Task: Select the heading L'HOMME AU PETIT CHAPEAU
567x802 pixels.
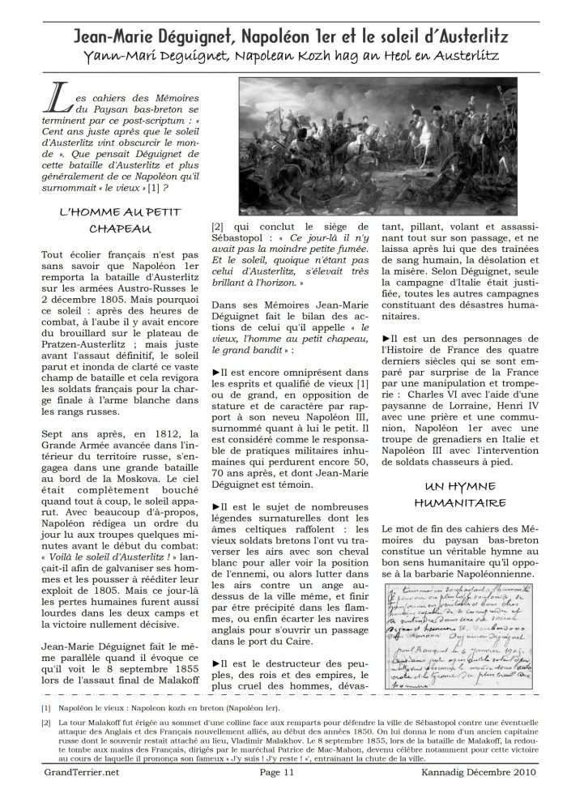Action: pyautogui.click(x=120, y=220)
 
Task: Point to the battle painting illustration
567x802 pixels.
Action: pyautogui.click(x=377, y=146)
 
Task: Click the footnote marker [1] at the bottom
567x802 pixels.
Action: pyautogui.click(x=45, y=709)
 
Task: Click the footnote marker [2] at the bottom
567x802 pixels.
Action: pyautogui.click(x=45, y=723)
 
